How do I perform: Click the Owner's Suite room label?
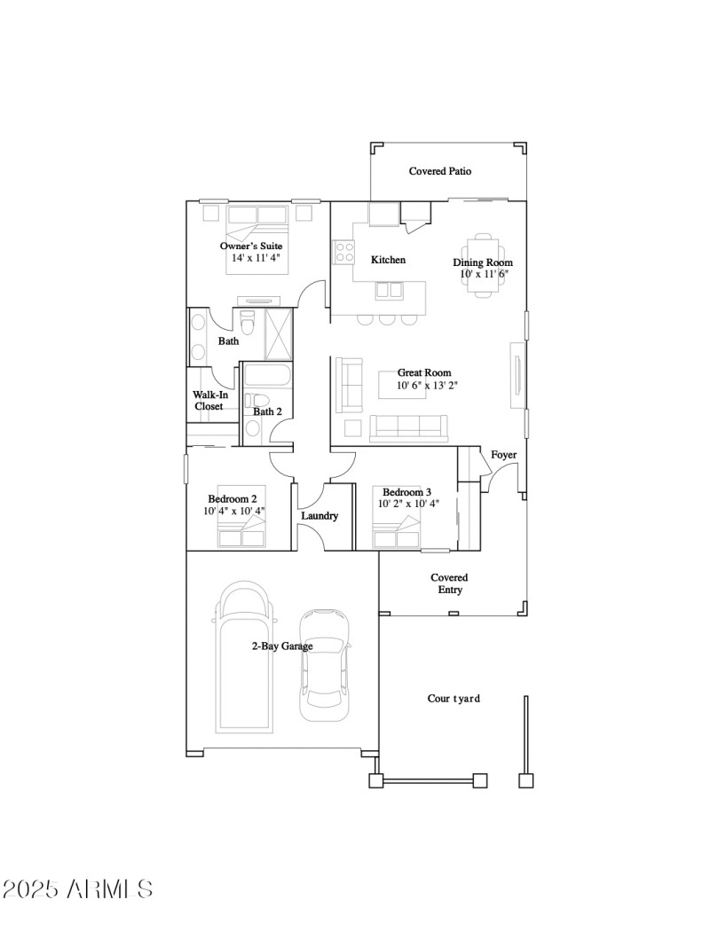[251, 246]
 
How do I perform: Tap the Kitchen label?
[388, 260]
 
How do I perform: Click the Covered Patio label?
[439, 171]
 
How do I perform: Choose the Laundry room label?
[319, 515]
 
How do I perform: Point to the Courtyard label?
[454, 699]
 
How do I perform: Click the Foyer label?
[503, 455]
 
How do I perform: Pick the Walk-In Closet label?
[210, 401]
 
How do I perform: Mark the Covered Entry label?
[449, 583]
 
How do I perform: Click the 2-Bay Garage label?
[281, 646]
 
